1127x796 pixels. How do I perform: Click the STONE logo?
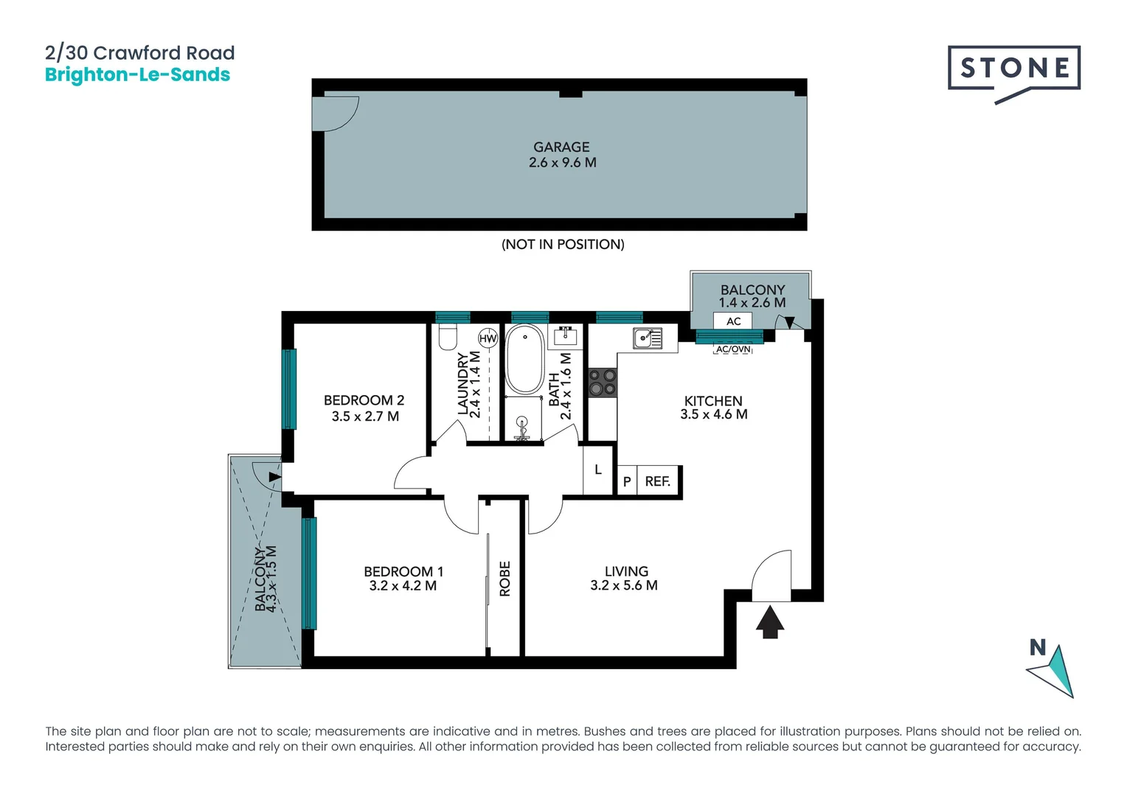[x=1013, y=69]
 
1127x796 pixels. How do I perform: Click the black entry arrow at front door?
[x=770, y=621]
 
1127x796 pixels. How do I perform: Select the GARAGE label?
[x=561, y=147]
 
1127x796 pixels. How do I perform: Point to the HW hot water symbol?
[x=488, y=338]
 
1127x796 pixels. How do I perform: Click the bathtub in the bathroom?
[x=524, y=359]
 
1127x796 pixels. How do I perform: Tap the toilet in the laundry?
[x=448, y=338]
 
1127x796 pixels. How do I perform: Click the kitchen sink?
[x=647, y=338]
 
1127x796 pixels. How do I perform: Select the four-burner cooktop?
[x=602, y=383]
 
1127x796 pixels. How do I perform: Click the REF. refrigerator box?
[x=657, y=481]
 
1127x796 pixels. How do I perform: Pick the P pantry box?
[x=626, y=481]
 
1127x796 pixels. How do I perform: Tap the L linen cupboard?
[x=597, y=469]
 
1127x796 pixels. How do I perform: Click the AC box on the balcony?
[x=733, y=321]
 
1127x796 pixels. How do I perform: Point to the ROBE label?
[x=504, y=579]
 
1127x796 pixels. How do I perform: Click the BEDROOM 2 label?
[x=364, y=400]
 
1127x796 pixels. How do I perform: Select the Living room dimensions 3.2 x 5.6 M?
[x=623, y=585]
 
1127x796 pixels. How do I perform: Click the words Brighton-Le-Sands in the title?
[x=137, y=74]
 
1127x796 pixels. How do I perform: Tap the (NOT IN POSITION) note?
[x=563, y=244]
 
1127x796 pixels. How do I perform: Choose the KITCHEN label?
[x=712, y=401]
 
